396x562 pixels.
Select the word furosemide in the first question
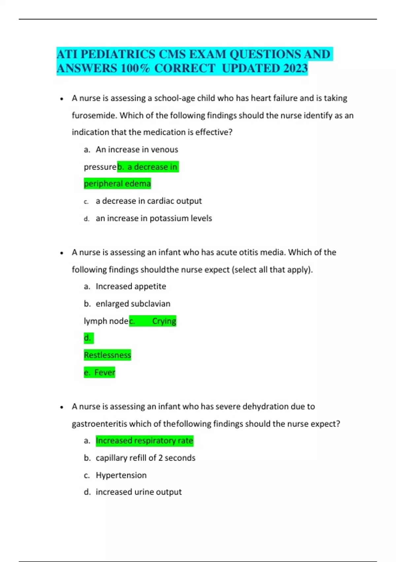click(x=94, y=115)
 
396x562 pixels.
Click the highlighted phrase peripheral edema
click(x=117, y=183)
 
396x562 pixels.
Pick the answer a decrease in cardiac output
click(x=148, y=201)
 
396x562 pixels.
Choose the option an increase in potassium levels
click(x=154, y=218)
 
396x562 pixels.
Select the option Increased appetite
click(x=131, y=286)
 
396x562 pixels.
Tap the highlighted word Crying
click(x=164, y=321)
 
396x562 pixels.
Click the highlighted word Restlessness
click(x=107, y=355)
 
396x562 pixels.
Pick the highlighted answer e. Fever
click(x=99, y=373)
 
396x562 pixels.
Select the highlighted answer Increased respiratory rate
click(x=144, y=441)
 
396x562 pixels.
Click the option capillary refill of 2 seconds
click(x=146, y=458)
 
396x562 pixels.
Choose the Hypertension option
click(x=121, y=475)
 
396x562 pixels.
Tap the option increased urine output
click(x=139, y=492)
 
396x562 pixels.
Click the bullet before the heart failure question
click(x=62, y=99)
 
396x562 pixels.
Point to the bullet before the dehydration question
click(x=62, y=407)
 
